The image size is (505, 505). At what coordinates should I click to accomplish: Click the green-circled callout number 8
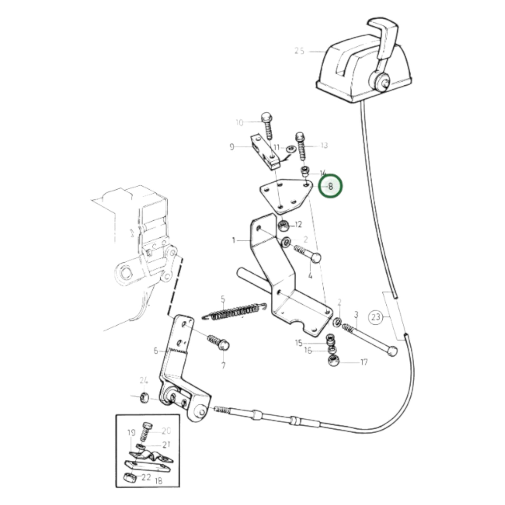point(331,186)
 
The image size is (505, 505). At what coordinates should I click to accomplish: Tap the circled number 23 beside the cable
point(376,317)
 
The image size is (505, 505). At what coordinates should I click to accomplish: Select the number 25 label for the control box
point(299,51)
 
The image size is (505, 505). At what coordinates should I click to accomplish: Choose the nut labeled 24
point(144,405)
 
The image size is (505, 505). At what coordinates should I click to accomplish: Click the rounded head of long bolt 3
point(392,351)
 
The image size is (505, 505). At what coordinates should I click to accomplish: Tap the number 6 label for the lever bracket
point(156,351)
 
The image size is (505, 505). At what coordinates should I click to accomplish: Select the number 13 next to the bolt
point(324,145)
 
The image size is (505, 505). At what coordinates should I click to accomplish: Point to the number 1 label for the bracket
point(234,240)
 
